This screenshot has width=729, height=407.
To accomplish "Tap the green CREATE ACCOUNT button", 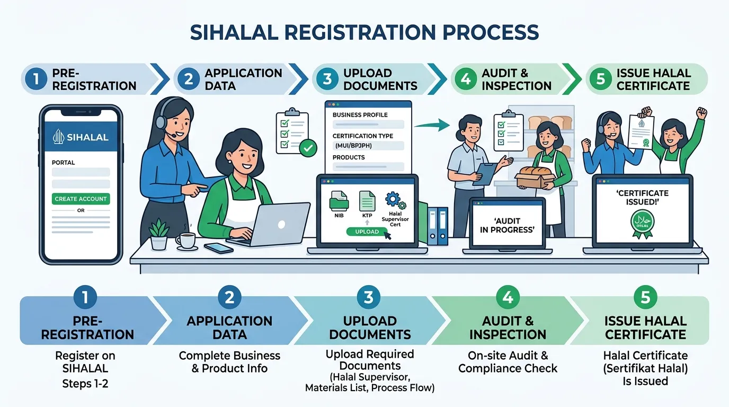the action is [x=81, y=199].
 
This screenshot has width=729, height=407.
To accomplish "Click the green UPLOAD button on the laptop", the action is [x=367, y=232].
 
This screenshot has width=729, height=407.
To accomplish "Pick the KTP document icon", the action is [x=367, y=201].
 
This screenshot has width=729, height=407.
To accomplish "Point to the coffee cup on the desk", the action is [x=186, y=241].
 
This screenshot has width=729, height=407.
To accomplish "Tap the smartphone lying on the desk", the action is [x=219, y=248].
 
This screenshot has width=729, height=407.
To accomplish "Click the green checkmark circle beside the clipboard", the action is [x=308, y=148].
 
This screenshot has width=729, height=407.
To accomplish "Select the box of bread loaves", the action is [x=535, y=178].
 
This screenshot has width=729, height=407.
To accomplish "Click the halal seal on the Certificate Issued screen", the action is [x=642, y=223].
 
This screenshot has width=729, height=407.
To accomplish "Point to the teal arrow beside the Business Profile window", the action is [x=432, y=125].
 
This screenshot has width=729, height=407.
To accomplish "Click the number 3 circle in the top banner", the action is [x=327, y=79].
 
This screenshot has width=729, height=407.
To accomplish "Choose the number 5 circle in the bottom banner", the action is [x=645, y=297].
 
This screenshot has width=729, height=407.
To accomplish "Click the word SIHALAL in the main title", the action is [x=234, y=32].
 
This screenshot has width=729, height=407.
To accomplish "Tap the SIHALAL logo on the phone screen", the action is [x=81, y=137].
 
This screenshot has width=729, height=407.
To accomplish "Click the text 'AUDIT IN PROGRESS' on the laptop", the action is [x=508, y=225].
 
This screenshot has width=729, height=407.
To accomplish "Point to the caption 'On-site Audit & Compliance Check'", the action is [x=508, y=362].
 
